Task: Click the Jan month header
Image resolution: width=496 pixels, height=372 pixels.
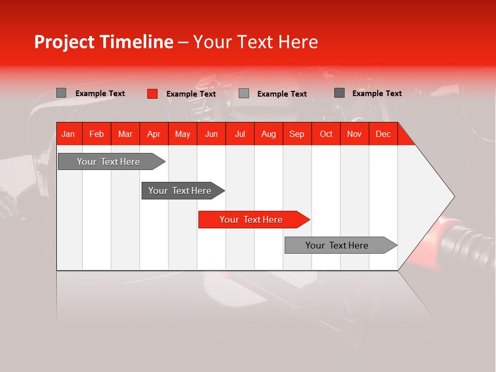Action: (68, 134)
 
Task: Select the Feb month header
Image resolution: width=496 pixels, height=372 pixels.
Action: (97, 134)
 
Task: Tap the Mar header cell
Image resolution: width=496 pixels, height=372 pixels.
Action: (125, 134)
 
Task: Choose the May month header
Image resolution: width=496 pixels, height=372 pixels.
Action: (182, 134)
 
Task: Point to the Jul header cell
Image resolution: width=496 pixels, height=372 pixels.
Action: (240, 134)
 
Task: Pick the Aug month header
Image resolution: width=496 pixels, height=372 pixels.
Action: (268, 134)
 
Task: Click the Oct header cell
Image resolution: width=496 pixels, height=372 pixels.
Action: (326, 134)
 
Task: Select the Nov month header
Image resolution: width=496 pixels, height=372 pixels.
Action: (354, 134)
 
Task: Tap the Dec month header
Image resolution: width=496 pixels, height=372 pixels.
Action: (383, 134)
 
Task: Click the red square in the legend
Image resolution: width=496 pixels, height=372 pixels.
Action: (152, 94)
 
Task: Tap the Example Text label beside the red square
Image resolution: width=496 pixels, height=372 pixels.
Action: (191, 94)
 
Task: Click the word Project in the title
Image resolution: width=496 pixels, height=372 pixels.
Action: (65, 42)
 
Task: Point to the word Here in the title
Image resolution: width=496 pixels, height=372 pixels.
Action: (298, 42)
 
